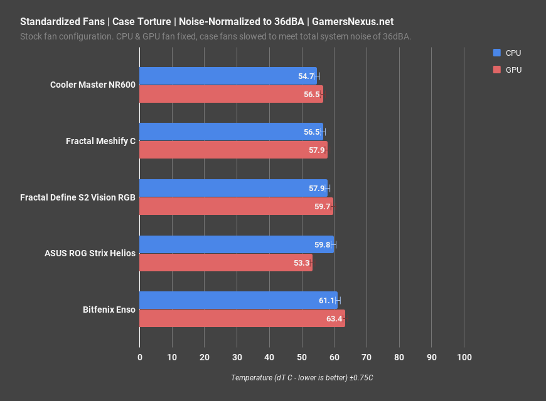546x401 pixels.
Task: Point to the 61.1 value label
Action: (x=326, y=301)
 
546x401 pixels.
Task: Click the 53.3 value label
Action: (x=301, y=263)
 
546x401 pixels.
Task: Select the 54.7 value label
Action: (x=306, y=76)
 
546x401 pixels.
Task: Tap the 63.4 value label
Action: (x=334, y=319)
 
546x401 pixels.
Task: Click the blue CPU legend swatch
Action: (x=497, y=53)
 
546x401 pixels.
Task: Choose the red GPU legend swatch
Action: (x=497, y=70)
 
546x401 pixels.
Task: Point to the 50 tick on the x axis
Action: (x=301, y=357)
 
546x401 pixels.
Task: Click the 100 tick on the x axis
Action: (x=464, y=357)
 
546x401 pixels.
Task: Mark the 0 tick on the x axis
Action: (x=139, y=357)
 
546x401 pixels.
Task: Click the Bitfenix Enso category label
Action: (x=109, y=310)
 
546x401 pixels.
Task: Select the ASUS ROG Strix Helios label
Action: (x=90, y=254)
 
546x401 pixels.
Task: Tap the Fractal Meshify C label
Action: (x=100, y=141)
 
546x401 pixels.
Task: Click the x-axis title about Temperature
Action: (x=302, y=378)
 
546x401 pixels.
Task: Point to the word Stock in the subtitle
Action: (x=31, y=36)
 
